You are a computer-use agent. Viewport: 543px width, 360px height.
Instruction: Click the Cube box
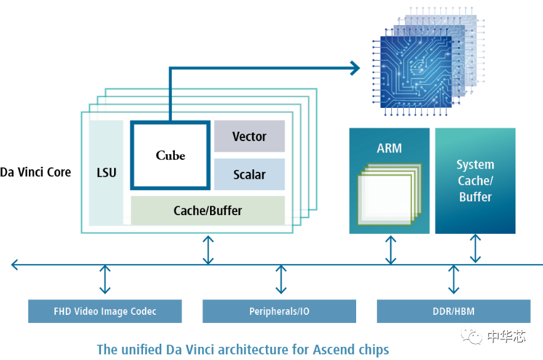click(169, 155)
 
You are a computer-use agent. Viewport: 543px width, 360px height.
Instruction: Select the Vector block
click(249, 136)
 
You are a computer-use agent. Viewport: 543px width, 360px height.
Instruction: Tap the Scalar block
click(249, 174)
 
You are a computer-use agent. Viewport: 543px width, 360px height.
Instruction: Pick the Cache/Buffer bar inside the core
click(208, 211)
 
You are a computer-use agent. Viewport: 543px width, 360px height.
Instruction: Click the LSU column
click(107, 172)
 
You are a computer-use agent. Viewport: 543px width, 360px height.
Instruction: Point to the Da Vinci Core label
click(36, 172)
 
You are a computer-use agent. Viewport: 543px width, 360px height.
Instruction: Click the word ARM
click(389, 149)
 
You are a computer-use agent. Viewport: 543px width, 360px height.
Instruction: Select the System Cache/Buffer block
click(475, 181)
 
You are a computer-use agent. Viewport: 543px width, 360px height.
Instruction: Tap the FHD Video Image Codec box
click(105, 311)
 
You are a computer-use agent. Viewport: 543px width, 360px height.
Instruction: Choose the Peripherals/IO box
click(279, 311)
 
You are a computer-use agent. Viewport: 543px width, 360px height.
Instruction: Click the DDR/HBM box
click(453, 311)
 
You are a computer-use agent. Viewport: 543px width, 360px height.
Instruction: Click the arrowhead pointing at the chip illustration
click(356, 67)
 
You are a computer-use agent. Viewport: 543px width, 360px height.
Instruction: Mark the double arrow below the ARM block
click(391, 250)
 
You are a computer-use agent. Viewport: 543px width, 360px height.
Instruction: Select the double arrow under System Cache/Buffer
click(475, 248)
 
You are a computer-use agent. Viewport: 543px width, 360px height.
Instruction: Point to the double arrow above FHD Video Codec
click(105, 280)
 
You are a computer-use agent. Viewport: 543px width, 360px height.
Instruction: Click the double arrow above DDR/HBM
click(453, 280)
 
